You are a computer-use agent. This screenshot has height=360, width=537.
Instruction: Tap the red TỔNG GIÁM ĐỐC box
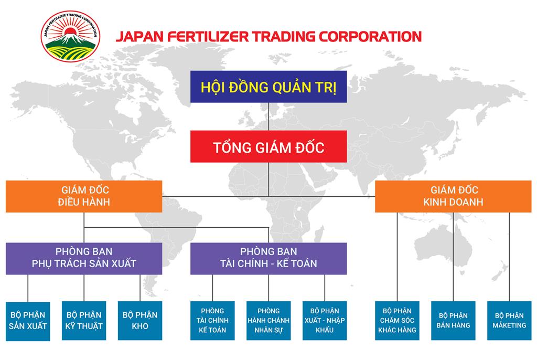(268, 147)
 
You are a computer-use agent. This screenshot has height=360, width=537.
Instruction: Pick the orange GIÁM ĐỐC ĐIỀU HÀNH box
(84, 196)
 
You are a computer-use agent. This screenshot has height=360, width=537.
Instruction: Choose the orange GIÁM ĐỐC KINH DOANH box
(453, 196)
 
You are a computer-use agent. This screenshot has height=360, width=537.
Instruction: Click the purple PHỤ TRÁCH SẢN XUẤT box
(84, 258)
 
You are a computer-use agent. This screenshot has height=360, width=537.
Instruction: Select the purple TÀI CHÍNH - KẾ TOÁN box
(268, 258)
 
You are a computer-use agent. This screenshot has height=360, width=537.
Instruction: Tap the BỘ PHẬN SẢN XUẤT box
(28, 321)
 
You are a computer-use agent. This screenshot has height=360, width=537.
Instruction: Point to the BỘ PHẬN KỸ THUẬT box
(84, 321)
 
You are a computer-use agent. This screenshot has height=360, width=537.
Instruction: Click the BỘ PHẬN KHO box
(140, 321)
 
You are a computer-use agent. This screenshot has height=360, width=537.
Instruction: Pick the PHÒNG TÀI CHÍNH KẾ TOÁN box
(212, 321)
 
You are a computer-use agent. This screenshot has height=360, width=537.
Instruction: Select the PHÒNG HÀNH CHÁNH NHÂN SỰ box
(268, 321)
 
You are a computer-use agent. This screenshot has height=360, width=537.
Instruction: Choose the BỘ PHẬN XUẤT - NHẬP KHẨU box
(325, 321)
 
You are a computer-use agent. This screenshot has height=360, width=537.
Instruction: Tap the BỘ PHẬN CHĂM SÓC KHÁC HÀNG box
(397, 321)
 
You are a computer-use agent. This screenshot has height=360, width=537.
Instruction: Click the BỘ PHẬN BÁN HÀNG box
(453, 321)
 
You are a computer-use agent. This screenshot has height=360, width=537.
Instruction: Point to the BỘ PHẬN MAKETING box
(509, 321)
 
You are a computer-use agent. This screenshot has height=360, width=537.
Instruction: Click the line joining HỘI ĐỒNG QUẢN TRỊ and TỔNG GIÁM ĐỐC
(268, 117)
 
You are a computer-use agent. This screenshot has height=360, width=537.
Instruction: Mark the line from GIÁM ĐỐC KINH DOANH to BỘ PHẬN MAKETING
(509, 257)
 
